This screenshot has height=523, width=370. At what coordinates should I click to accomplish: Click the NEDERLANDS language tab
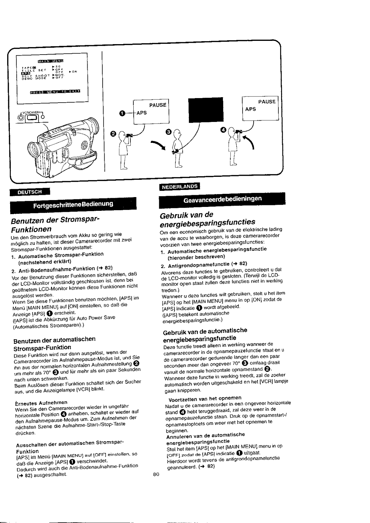point(179,187)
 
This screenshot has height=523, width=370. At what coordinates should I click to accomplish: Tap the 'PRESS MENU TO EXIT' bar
point(55,92)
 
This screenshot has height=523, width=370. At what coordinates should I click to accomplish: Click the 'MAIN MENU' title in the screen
point(52,61)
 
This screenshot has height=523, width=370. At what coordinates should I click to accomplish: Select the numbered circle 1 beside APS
point(122,113)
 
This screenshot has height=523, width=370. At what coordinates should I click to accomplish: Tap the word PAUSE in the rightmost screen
point(267,102)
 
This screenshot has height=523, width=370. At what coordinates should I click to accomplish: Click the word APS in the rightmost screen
point(251,109)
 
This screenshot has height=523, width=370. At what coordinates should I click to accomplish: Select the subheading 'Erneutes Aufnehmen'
point(41,402)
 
